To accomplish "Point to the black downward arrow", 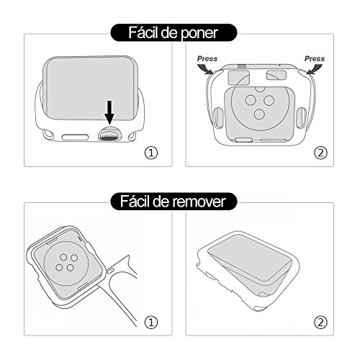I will (x=109, y=111).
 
